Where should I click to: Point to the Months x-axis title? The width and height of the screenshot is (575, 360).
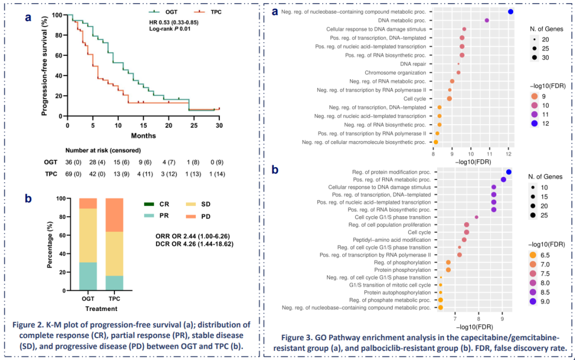143,136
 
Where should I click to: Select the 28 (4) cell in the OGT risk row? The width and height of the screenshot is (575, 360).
101,162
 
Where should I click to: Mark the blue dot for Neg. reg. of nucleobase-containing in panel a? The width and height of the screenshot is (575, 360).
511,12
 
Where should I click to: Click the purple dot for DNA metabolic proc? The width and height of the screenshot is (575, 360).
487,20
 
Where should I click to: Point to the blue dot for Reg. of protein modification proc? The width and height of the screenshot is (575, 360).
508,172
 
